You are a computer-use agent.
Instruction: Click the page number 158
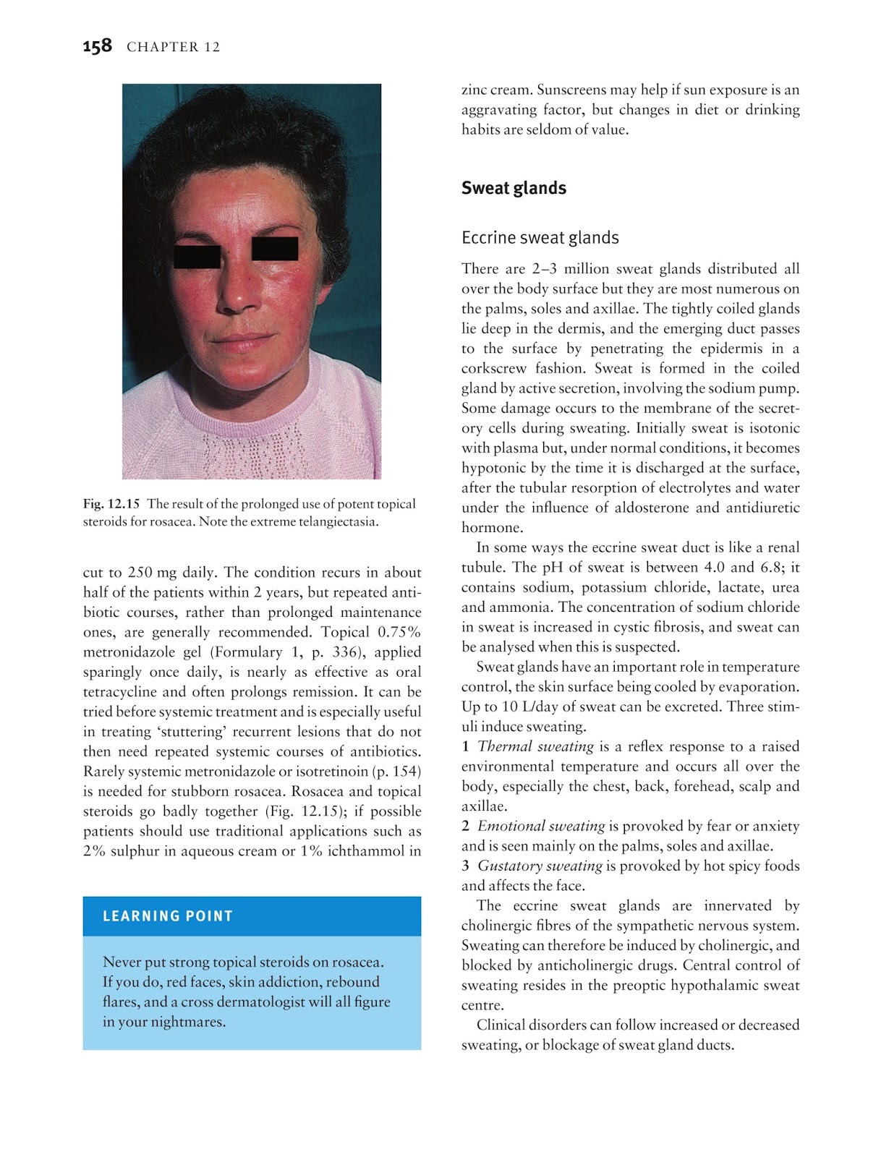(97, 46)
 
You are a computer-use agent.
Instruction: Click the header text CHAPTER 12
(173, 47)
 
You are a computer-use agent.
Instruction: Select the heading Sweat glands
(514, 188)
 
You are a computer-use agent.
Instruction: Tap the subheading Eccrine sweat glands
(540, 238)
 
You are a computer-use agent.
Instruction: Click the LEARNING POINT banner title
(168, 916)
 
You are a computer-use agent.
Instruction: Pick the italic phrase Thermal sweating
(535, 746)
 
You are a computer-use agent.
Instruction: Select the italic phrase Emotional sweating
(540, 826)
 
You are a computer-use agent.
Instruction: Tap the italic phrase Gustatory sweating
(540, 866)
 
